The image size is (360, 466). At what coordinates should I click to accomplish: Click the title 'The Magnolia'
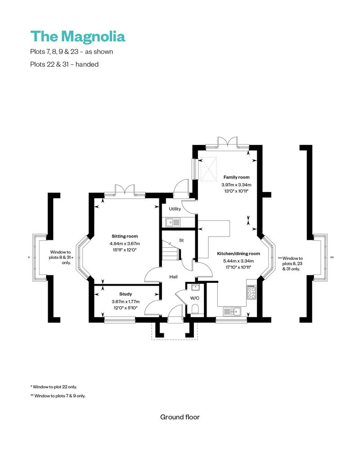click(77, 36)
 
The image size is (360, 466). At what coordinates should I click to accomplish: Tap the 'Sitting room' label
click(125, 236)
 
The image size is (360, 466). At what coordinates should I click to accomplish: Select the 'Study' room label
click(126, 294)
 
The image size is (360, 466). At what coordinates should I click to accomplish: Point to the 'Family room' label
click(236, 177)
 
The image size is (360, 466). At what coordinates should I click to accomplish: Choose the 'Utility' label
click(175, 209)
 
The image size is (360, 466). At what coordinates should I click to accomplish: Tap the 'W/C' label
click(194, 298)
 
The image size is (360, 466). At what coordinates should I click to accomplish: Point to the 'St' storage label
click(181, 241)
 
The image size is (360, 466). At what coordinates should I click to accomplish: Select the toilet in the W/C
click(195, 309)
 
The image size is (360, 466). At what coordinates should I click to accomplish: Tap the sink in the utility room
click(173, 222)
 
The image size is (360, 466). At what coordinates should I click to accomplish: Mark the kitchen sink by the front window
click(232, 311)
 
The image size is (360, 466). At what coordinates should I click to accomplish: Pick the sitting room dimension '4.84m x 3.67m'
click(125, 244)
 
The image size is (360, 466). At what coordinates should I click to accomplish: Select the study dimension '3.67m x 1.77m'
click(126, 301)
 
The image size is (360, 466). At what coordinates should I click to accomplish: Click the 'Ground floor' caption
click(180, 417)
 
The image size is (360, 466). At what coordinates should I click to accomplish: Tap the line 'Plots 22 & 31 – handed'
click(64, 64)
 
